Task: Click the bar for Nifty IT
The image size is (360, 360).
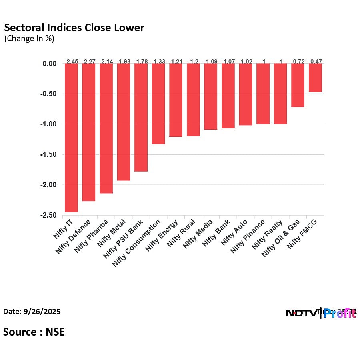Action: [x=71, y=138]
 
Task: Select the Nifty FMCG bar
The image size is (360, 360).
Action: [x=315, y=78]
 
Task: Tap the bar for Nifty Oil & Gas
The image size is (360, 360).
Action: [x=298, y=85]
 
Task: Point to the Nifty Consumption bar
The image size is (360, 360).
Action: [x=158, y=104]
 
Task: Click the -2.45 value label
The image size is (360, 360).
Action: [x=71, y=61]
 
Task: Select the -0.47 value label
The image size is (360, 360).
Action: [x=315, y=61]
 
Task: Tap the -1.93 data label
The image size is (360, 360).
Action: [x=123, y=61]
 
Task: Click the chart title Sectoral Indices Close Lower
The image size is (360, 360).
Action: [x=74, y=28]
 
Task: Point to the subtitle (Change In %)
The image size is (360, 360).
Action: [x=29, y=39]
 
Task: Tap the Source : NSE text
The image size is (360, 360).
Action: [x=34, y=332]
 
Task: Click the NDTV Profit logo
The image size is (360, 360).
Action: [x=320, y=313]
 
